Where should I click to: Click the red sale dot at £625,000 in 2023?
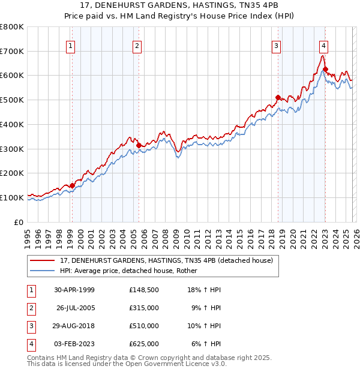pyautogui.click(x=325, y=70)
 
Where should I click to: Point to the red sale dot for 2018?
pyautogui.click(x=278, y=97)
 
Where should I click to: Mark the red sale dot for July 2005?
pyautogui.click(x=139, y=145)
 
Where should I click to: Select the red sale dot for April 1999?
pyautogui.click(x=72, y=185)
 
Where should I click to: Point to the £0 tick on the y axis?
pyautogui.click(x=19, y=221)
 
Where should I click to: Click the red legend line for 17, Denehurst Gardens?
pyautogui.click(x=42, y=260)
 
